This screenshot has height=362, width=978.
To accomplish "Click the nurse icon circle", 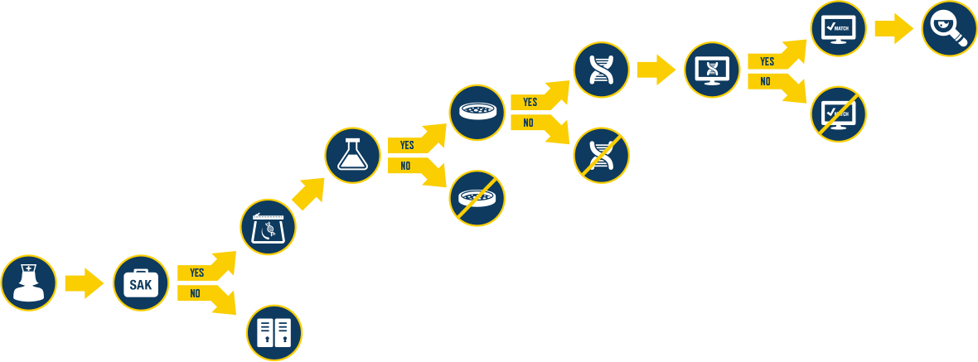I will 29,282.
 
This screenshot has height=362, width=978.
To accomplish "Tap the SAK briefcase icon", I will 140,283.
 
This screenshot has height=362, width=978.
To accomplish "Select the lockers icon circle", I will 274,333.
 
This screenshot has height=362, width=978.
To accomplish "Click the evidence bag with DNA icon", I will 269,227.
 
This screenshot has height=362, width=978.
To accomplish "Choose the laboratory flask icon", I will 352,155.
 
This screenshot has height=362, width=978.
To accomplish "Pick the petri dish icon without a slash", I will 477,112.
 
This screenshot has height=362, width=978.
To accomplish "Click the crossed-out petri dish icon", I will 477,198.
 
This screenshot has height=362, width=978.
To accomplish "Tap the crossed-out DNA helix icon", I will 601,155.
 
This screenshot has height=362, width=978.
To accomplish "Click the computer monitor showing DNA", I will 713,70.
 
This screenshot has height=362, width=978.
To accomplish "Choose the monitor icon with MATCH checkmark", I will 838,29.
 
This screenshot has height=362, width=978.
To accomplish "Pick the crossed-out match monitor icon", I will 838,113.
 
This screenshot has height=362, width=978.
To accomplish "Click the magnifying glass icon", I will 949,29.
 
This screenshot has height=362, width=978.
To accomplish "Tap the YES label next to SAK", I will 196,273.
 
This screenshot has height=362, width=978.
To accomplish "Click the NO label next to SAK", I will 195,293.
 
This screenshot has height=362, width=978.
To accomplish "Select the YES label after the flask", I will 407,145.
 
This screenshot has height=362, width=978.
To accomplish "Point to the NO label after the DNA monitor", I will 765,81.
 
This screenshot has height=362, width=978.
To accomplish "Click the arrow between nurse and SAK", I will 84,283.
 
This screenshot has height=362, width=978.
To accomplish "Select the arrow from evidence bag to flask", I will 307,193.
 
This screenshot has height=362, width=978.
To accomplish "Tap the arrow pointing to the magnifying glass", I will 893,29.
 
